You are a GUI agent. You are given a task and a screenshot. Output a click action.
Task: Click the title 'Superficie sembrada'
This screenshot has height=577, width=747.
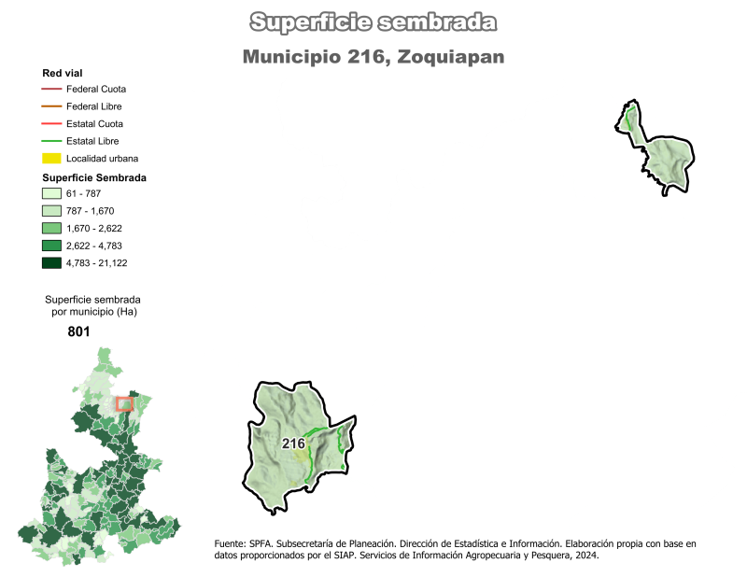tap(373, 22)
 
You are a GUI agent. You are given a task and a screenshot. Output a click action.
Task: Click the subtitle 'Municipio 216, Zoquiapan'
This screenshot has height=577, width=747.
tap(373, 57)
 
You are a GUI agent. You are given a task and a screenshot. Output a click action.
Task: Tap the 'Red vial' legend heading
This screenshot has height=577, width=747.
tap(63, 73)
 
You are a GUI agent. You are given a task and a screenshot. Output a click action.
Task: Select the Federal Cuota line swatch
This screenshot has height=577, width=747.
tap(51, 90)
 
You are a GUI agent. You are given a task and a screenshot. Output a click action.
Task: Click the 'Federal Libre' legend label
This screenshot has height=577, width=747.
tap(95, 106)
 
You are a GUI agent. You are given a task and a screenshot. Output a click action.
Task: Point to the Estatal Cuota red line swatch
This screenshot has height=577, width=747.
tap(51, 123)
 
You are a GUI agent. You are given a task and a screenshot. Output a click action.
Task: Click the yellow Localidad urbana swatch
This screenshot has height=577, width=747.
tap(51, 158)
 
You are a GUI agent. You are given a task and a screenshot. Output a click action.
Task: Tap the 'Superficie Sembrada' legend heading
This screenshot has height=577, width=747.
tap(95, 176)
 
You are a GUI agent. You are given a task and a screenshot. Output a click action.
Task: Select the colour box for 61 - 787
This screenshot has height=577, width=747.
tap(51, 193)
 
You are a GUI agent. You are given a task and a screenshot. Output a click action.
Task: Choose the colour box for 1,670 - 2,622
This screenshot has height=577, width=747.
tap(51, 228)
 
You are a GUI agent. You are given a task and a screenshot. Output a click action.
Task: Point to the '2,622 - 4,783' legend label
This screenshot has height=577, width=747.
tap(96, 246)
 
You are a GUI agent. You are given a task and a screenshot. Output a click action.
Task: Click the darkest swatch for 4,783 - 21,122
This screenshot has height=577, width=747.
tap(51, 262)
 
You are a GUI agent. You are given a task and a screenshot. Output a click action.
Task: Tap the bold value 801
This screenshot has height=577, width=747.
tap(79, 331)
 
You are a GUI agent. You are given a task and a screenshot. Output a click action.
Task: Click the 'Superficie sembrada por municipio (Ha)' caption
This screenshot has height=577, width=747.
tap(92, 304)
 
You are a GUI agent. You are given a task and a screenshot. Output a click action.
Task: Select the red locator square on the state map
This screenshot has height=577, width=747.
tap(124, 403)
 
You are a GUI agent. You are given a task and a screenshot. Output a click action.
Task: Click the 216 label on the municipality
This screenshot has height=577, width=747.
tap(293, 443)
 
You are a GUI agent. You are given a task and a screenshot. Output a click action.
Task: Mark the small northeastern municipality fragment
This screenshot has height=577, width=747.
tap(657, 149)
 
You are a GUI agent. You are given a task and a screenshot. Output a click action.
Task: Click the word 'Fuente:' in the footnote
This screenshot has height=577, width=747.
tap(231, 542)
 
